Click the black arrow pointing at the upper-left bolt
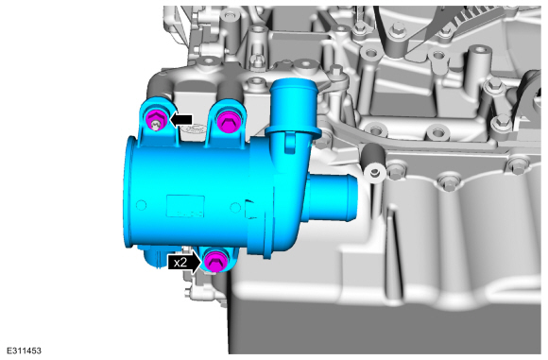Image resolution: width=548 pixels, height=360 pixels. pyautogui.click(x=180, y=120)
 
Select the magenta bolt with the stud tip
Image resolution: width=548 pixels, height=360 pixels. pyautogui.click(x=156, y=119)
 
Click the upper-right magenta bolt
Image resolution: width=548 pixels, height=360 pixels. pyautogui.click(x=227, y=121)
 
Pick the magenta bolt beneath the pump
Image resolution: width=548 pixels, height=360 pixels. pyautogui.click(x=214, y=262)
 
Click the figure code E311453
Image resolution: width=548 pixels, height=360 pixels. pyautogui.click(x=24, y=351)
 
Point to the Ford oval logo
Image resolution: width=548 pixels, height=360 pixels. pyautogui.click(x=192, y=129)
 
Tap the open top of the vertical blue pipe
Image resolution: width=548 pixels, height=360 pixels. pyautogui.click(x=293, y=85)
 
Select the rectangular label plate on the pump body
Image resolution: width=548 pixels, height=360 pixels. pyautogui.click(x=185, y=207)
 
